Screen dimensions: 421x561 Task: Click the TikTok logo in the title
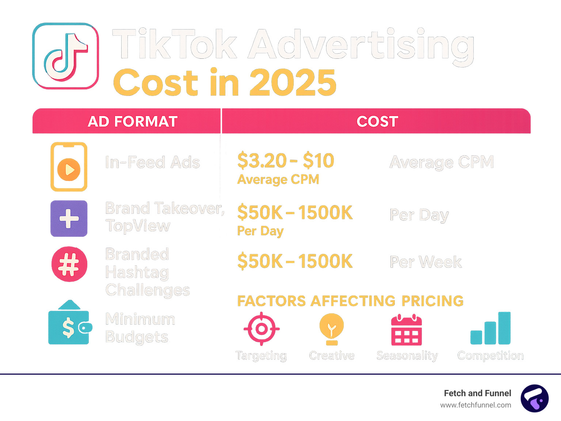tap(66, 56)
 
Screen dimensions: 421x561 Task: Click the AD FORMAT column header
tap(133, 121)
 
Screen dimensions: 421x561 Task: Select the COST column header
tap(377, 121)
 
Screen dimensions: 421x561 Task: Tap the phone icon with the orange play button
tap(69, 167)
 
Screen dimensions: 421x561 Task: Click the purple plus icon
tap(69, 219)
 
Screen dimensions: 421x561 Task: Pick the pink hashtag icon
tap(69, 264)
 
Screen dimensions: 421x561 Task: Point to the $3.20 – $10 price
tap(286, 161)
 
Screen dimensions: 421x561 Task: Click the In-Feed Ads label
tap(152, 162)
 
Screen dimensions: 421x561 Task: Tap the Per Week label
tap(425, 262)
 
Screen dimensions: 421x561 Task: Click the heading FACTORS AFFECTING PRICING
tap(350, 301)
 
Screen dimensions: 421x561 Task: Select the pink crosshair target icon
tap(262, 329)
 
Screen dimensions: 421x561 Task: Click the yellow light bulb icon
tap(332, 328)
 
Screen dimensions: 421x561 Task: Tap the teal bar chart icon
tap(491, 328)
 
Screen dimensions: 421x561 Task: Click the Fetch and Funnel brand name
tap(477, 393)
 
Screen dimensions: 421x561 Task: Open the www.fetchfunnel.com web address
tap(476, 405)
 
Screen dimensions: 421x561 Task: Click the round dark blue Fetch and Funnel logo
tap(535, 398)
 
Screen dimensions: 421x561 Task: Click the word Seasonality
tap(407, 356)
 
